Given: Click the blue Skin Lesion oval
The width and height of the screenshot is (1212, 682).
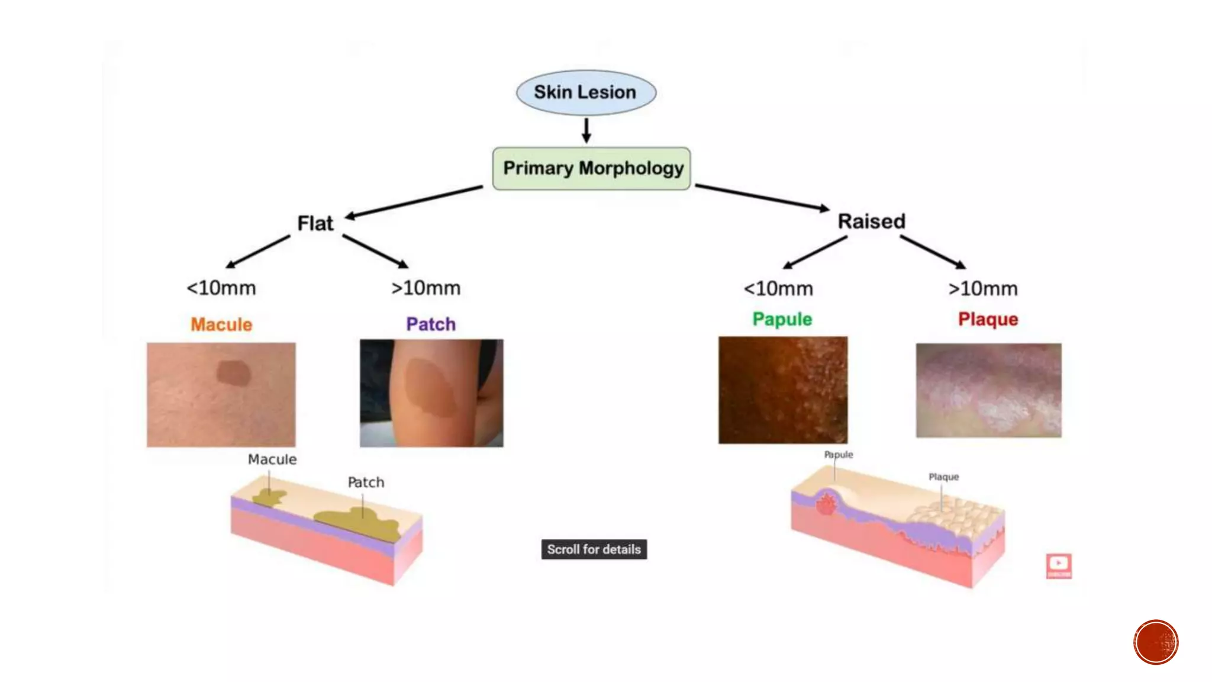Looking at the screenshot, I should click(x=586, y=92).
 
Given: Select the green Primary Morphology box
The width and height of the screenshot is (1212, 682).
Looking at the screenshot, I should click(x=592, y=169).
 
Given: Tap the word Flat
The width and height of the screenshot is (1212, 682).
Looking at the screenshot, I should click(x=315, y=224).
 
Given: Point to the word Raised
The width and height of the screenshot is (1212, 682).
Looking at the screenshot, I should click(x=871, y=221).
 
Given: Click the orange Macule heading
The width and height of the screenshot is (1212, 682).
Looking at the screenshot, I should click(x=221, y=324).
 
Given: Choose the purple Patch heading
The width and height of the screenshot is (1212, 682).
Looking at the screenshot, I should click(x=431, y=324).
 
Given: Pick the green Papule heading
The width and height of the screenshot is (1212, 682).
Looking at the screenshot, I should click(x=782, y=319).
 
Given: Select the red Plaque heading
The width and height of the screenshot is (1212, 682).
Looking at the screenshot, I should click(x=988, y=319).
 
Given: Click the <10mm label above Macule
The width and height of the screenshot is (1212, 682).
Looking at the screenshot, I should click(x=221, y=288).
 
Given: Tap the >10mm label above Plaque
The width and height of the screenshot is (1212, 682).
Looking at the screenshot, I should click(x=983, y=289).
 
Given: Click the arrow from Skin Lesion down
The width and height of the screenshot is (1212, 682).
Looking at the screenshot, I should click(x=586, y=130).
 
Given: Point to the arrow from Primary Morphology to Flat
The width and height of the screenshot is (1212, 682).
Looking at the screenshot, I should click(x=414, y=202).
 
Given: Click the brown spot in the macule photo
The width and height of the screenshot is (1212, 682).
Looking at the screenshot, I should click(x=234, y=373).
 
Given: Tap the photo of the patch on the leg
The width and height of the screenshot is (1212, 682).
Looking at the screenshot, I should click(x=431, y=393).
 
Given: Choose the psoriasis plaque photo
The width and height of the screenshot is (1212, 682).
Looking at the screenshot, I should click(x=988, y=390).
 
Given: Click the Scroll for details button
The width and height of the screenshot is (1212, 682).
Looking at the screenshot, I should click(x=594, y=549).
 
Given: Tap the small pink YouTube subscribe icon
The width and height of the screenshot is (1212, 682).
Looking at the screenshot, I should click(x=1058, y=566).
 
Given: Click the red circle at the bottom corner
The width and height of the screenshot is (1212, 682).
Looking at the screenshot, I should click(x=1156, y=642).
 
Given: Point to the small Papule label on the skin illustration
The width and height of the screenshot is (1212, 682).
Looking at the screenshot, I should click(x=839, y=455).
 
